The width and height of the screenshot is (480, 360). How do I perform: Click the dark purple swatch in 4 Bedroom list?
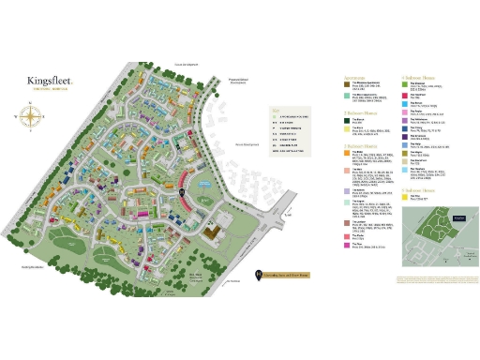(x=404, y=120)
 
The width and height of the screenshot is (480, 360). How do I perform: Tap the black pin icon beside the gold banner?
(x=258, y=275)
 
